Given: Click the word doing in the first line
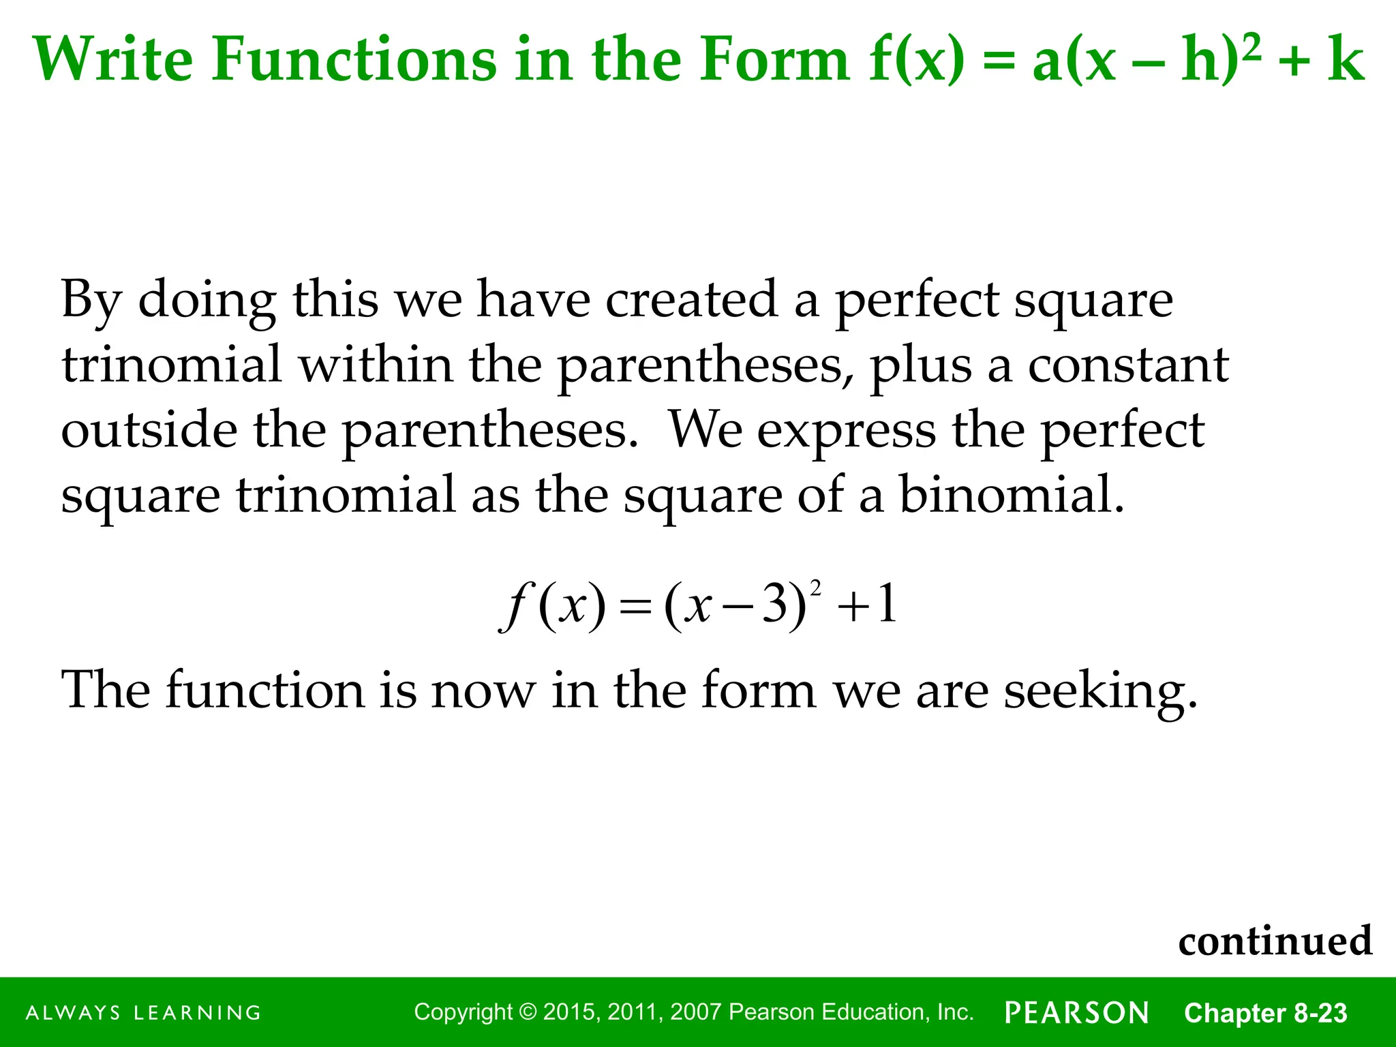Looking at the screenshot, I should pyautogui.click(x=207, y=301).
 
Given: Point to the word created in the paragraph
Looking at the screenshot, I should pyautogui.click(x=691, y=299).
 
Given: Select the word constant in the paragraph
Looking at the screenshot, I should pyautogui.click(x=1128, y=365).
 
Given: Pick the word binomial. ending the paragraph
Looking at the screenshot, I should pyautogui.click(x=1012, y=495).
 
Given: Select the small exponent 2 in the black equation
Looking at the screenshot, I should pyautogui.click(x=816, y=586).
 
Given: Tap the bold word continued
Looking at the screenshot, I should pyautogui.click(x=1275, y=941).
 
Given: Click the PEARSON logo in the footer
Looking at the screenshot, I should pyautogui.click(x=1077, y=1013).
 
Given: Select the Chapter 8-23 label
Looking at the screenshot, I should pyautogui.click(x=1265, y=1013).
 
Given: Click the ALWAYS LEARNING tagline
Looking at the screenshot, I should pyautogui.click(x=143, y=1013).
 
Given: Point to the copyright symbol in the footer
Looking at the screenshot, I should pyautogui.click(x=528, y=1012).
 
